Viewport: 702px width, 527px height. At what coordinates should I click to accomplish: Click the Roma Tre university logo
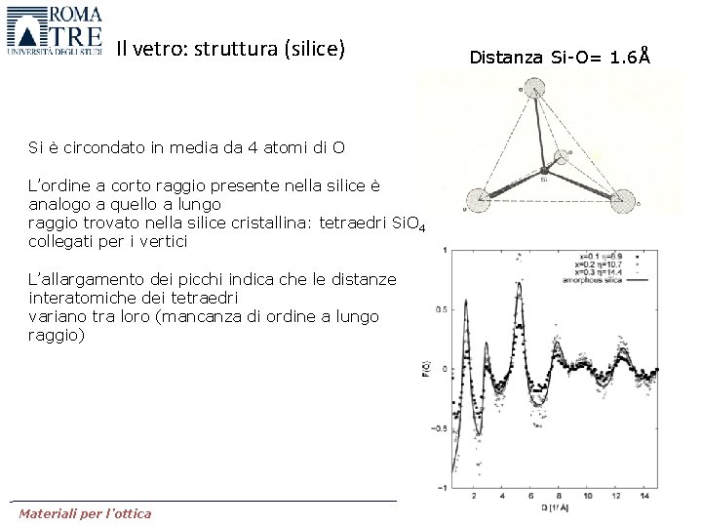click(x=55, y=32)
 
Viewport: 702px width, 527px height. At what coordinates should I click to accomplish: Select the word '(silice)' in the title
click(x=314, y=48)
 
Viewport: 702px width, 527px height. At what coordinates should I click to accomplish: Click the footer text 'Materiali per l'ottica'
click(x=85, y=513)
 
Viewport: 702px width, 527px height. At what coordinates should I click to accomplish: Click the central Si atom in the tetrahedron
click(x=543, y=174)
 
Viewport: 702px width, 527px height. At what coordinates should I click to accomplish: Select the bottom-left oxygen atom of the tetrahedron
click(x=477, y=200)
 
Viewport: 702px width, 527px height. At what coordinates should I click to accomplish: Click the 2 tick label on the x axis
click(x=473, y=496)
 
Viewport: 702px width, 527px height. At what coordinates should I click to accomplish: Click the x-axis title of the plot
click(x=554, y=507)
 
